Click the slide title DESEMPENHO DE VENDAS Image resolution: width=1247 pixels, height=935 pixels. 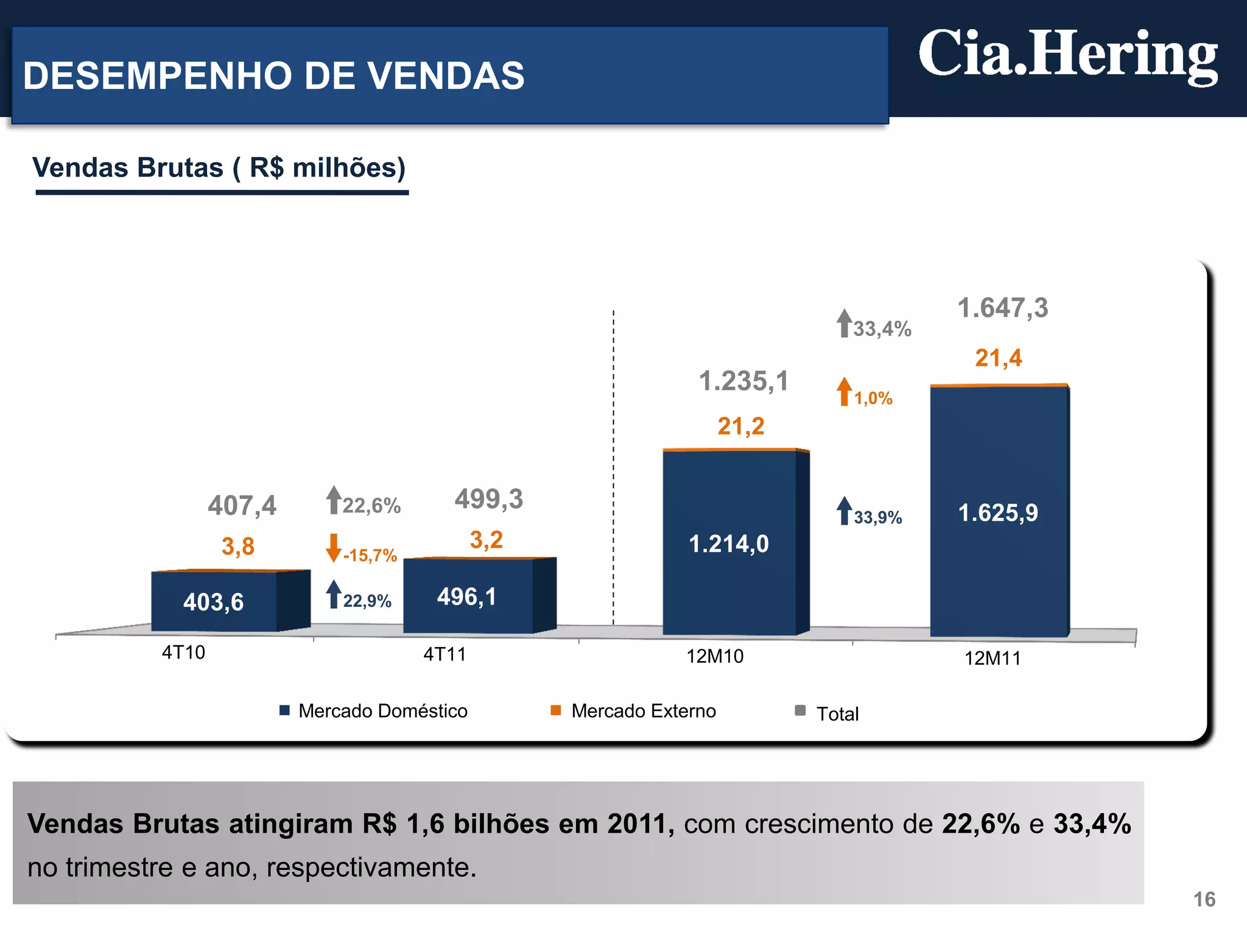273,76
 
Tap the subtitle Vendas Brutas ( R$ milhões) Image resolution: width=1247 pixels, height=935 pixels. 219,168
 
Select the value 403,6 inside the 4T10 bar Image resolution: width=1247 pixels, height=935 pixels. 213,602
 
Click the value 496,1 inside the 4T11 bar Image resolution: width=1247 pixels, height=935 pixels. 466,597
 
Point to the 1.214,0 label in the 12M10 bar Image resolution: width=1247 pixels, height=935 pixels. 728,544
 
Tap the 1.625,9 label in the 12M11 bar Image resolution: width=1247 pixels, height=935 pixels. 998,513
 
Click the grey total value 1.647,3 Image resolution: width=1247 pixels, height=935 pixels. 1003,308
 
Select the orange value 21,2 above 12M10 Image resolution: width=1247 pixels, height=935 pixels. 740,426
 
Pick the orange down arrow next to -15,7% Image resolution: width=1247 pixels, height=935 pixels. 333,548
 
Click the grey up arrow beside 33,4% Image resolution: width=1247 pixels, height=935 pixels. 844,323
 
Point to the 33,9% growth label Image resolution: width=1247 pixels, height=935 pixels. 877,517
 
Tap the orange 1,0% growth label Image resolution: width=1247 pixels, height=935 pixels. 873,398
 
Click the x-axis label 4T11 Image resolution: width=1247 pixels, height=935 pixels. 444,654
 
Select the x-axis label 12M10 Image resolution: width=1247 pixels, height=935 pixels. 715,656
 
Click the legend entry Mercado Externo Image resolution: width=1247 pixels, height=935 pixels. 643,711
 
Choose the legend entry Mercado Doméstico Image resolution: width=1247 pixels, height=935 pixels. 382,711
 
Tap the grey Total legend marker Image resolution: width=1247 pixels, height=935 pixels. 801,710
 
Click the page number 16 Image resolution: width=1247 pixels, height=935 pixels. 1204,899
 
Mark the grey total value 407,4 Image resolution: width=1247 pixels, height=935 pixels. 242,505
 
